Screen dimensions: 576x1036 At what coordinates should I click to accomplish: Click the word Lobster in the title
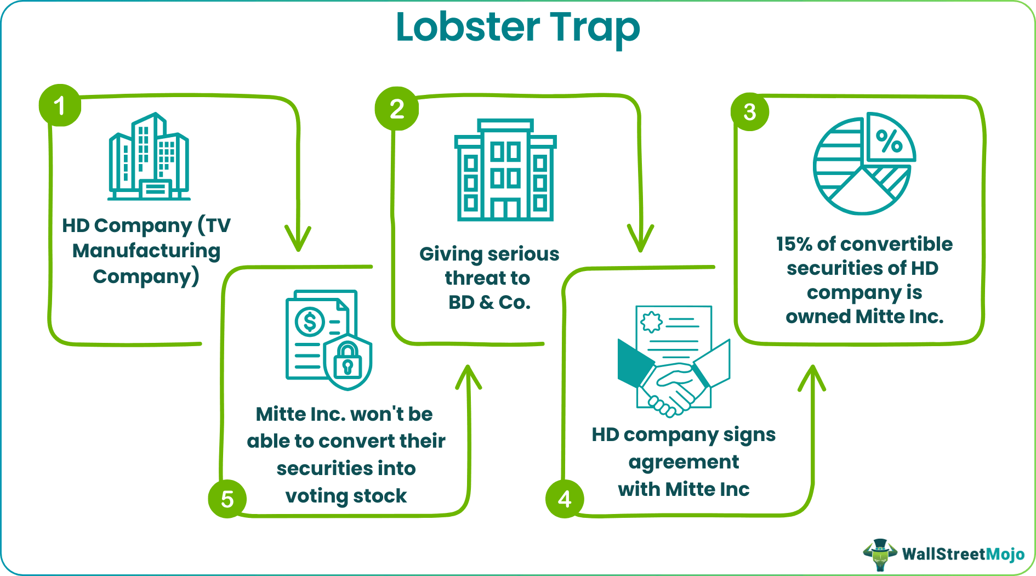coord(468,27)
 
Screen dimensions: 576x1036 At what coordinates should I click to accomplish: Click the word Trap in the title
coord(594,29)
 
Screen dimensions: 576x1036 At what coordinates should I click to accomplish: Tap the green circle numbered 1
coord(60,105)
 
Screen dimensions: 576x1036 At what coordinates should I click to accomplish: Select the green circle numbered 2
coord(396,109)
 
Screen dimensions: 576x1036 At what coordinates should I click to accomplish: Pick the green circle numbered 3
coord(749,112)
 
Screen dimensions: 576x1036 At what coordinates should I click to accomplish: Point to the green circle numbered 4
coord(565,499)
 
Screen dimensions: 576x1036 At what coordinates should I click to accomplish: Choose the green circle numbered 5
coord(227,499)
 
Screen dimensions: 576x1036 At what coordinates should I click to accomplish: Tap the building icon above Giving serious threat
coord(505,171)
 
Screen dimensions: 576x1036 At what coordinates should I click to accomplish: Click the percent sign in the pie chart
coord(889,142)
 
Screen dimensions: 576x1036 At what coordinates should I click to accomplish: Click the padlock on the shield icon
coord(348,361)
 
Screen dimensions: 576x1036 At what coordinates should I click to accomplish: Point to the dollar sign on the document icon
coord(309,322)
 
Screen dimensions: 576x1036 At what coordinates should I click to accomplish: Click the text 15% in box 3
coord(794,244)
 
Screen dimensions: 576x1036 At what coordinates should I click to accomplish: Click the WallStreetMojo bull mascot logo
coord(880,554)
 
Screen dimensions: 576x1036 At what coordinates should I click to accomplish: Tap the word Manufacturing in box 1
coord(146,251)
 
